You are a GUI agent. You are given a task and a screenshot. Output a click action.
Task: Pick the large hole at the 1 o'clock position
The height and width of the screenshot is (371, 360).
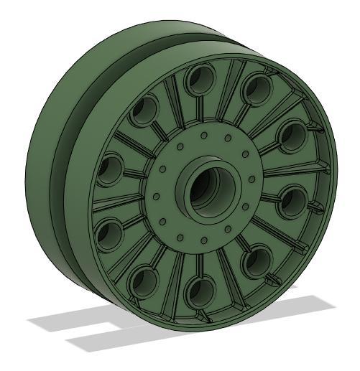[x=256, y=88]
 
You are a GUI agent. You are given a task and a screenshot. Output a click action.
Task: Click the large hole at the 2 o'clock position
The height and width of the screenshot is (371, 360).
[x=292, y=136]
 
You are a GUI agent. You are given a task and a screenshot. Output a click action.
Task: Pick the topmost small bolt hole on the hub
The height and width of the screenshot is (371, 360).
[x=204, y=134]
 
